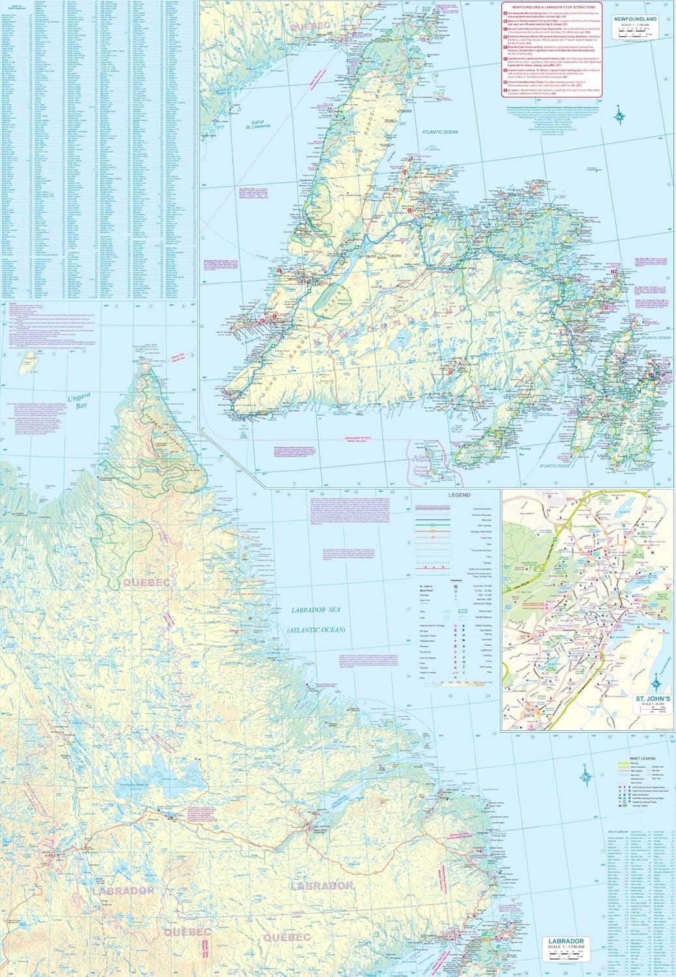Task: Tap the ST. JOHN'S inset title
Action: (652, 698)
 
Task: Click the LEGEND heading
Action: (458, 495)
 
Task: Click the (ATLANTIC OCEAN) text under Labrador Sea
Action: (316, 630)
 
